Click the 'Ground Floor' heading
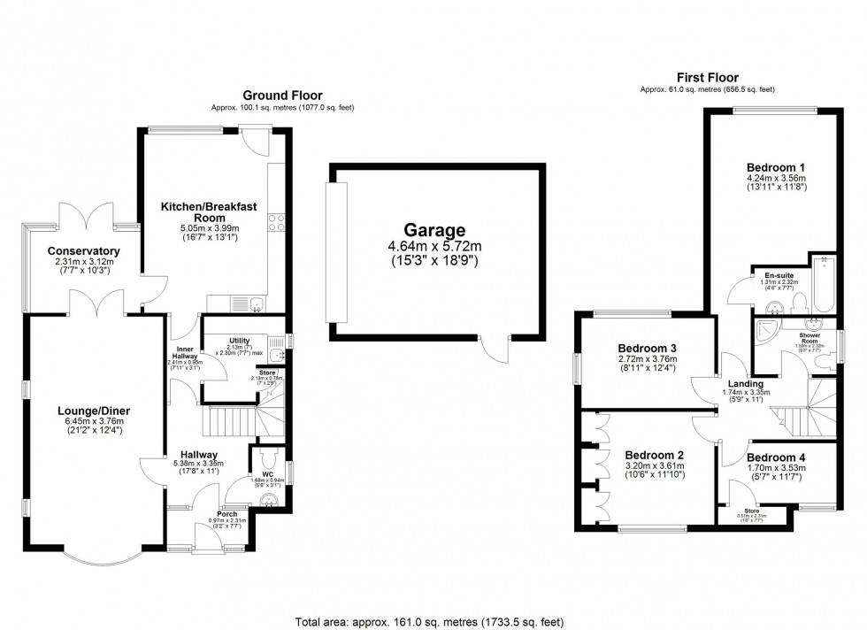click(283, 96)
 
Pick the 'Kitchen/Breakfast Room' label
click(209, 212)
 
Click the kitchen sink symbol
click(255, 305)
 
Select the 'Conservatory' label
click(84, 251)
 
